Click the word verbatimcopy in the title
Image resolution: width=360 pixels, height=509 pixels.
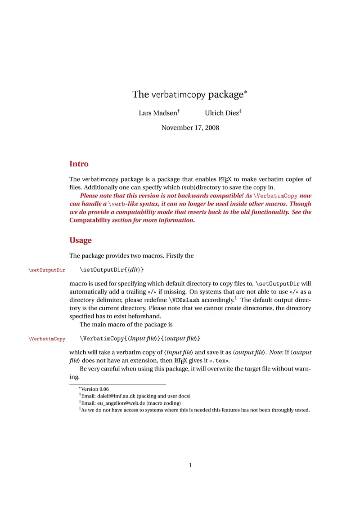(x=178, y=95)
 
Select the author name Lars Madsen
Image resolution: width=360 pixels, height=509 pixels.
(x=157, y=113)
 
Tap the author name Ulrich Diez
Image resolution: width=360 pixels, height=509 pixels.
(x=222, y=113)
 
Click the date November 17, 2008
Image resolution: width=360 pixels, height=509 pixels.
(x=190, y=128)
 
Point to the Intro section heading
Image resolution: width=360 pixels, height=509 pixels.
(x=79, y=164)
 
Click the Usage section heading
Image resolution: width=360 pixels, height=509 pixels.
(x=81, y=240)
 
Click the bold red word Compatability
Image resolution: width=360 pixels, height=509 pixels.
(x=90, y=220)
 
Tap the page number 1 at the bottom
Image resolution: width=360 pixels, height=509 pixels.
(x=190, y=465)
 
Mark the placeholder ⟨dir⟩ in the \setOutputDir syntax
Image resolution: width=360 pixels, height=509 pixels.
(x=134, y=270)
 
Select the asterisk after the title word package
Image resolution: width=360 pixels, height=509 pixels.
(x=246, y=92)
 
